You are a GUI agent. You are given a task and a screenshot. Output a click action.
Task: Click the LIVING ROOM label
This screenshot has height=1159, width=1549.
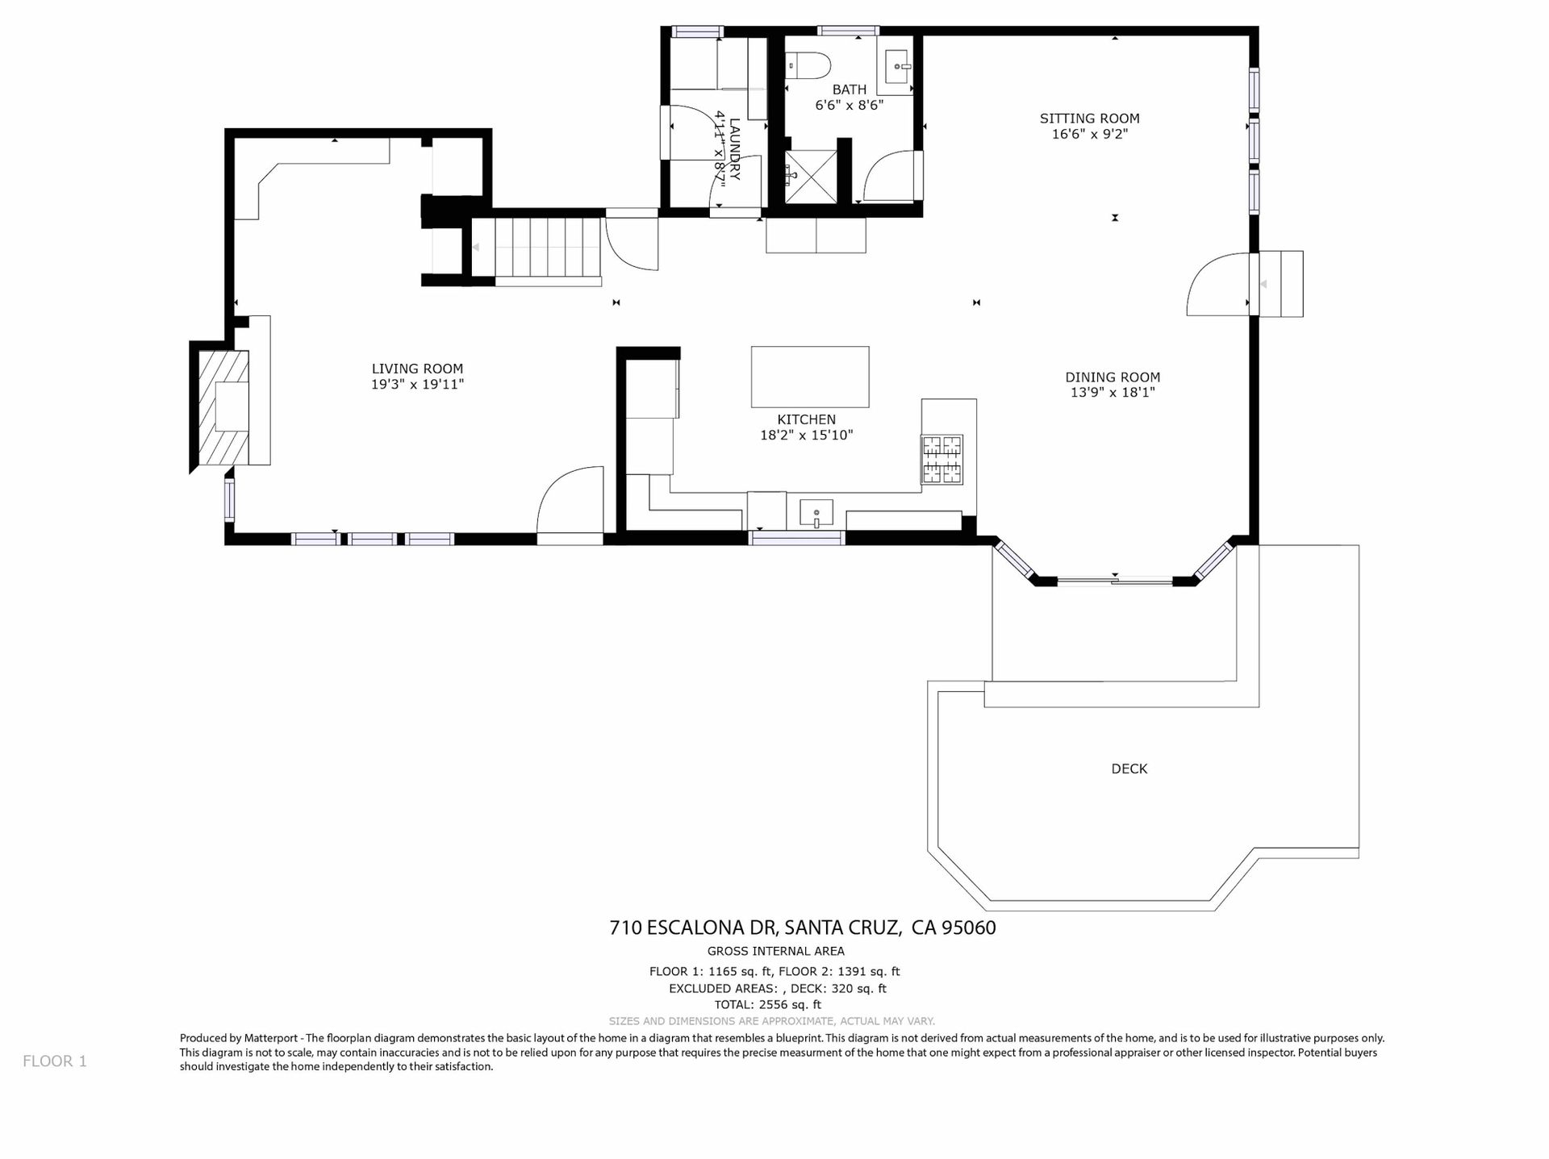417,369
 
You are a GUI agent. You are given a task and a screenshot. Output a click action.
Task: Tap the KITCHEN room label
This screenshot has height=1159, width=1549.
806,419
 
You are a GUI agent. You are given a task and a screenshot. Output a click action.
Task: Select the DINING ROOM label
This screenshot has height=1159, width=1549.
1113,377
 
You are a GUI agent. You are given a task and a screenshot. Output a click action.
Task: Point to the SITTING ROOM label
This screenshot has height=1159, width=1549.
1089,119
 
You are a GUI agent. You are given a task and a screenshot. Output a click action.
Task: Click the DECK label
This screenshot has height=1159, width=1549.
1129,769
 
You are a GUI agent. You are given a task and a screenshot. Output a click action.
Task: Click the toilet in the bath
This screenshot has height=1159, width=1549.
808,65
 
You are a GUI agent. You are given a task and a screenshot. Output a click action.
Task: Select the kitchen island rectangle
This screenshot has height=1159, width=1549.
810,377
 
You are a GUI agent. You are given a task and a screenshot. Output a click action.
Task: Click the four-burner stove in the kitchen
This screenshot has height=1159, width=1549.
942,460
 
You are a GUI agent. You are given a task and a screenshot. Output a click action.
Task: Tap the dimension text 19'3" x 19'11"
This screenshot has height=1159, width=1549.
417,385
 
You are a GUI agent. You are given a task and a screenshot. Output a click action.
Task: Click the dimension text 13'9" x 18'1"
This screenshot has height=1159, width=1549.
1113,393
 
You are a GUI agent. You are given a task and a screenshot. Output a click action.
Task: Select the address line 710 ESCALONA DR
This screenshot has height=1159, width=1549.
691,928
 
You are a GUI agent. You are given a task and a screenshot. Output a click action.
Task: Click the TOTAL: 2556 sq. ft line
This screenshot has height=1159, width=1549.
767,1005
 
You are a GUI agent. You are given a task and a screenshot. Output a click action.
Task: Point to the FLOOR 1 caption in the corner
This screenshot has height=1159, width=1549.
55,1061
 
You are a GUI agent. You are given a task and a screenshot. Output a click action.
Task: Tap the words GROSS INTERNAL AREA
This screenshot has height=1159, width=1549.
775,951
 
